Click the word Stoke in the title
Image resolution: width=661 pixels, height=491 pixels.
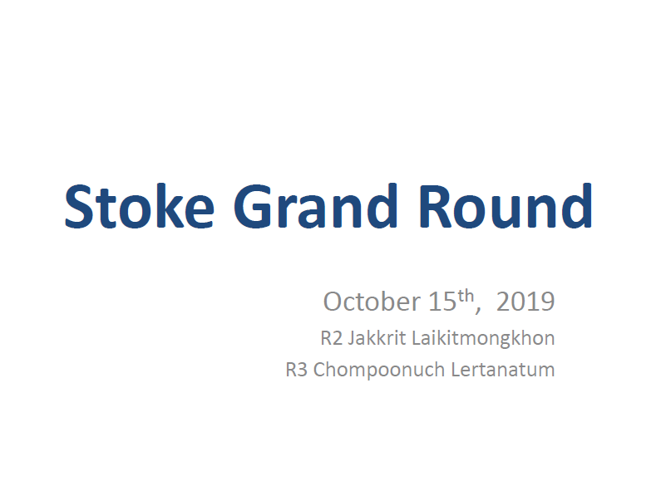pyautogui.click(x=139, y=206)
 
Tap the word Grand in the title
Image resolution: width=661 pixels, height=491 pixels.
pyautogui.click(x=316, y=206)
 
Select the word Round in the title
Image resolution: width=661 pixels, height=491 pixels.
pyautogui.click(x=506, y=206)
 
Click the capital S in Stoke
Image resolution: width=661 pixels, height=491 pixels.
pyautogui.click(x=78, y=207)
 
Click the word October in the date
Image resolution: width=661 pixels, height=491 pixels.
pyautogui.click(x=372, y=301)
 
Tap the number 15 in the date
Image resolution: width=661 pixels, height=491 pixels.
pyautogui.click(x=442, y=302)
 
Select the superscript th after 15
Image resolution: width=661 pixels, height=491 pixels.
pyautogui.click(x=466, y=296)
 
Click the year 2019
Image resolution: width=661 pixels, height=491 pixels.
pyautogui.click(x=525, y=302)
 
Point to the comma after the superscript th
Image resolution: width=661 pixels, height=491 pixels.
pyautogui.click(x=478, y=311)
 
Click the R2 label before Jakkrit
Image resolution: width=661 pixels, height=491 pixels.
pyautogui.click(x=332, y=338)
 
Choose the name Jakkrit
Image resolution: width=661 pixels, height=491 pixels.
pyautogui.click(x=377, y=339)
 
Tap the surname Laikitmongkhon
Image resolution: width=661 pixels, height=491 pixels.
pyautogui.click(x=483, y=339)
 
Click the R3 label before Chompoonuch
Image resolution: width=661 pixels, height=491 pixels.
pyautogui.click(x=296, y=370)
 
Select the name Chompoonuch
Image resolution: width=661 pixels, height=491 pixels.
pyautogui.click(x=379, y=371)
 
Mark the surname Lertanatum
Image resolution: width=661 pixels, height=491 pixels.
pyautogui.click(x=503, y=370)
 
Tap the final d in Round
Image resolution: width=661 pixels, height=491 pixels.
pyautogui.click(x=576, y=206)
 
